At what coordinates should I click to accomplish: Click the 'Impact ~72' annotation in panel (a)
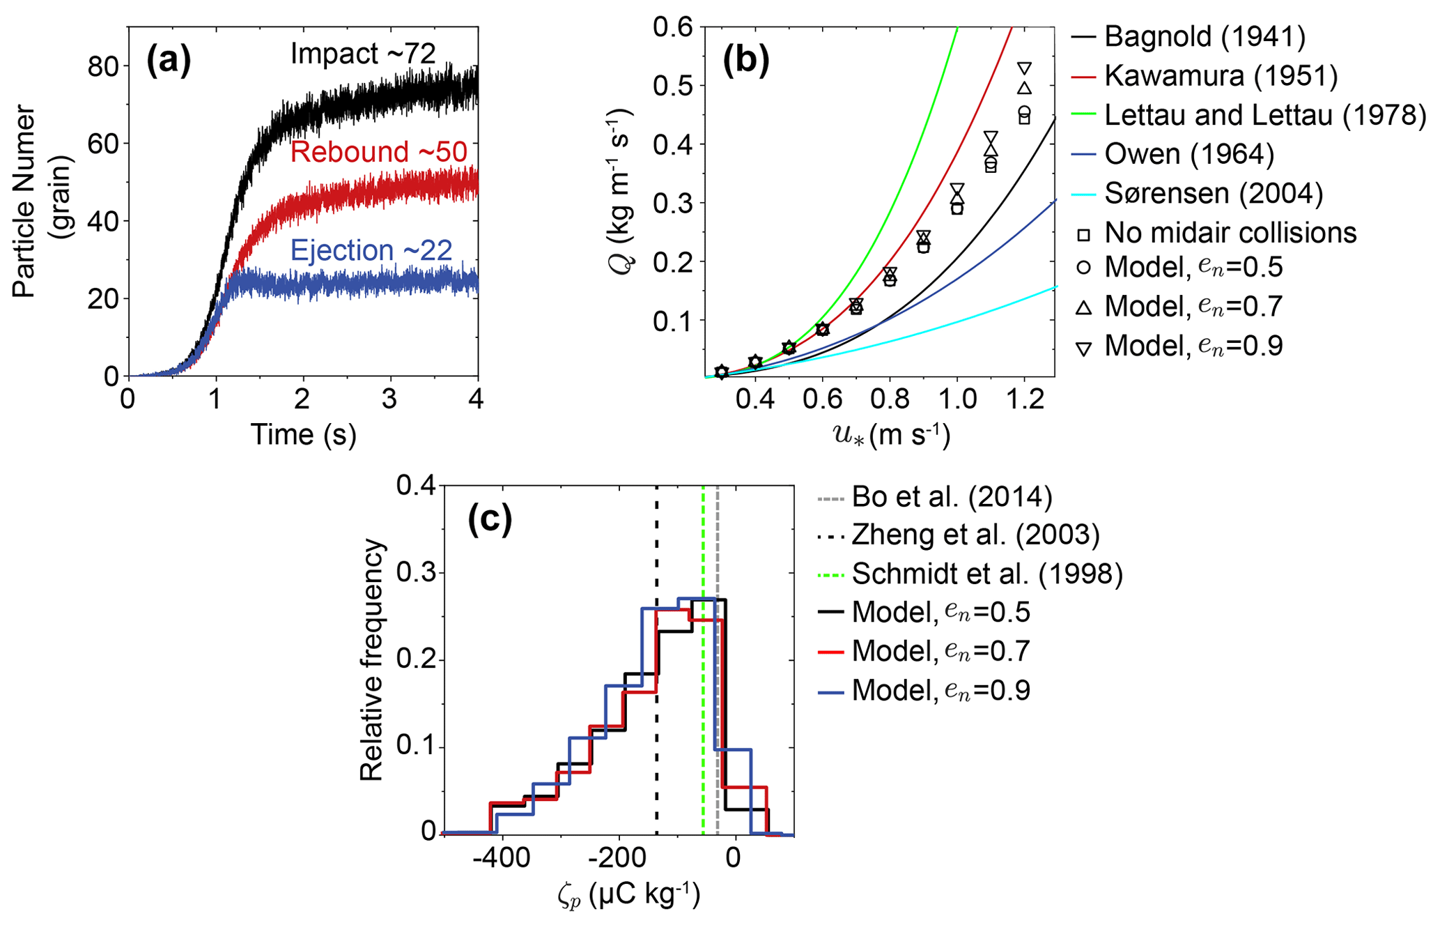[x=362, y=54]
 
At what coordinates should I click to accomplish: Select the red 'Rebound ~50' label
[x=378, y=152]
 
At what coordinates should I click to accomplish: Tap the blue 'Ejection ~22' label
[x=371, y=250]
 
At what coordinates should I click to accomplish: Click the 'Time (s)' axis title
[x=303, y=434]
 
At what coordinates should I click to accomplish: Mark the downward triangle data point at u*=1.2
[x=1024, y=68]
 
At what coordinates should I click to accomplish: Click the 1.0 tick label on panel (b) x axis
[x=957, y=399]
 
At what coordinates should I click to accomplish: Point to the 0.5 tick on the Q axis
[x=673, y=86]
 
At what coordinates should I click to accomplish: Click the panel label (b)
[x=745, y=61]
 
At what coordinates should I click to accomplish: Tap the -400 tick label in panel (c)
[x=501, y=857]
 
